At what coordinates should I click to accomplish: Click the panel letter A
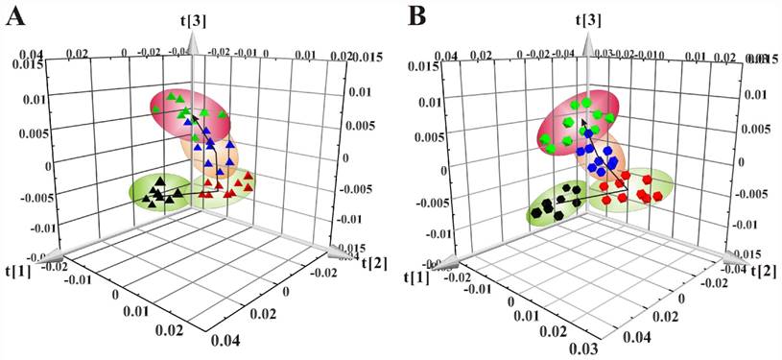pos(16,17)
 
